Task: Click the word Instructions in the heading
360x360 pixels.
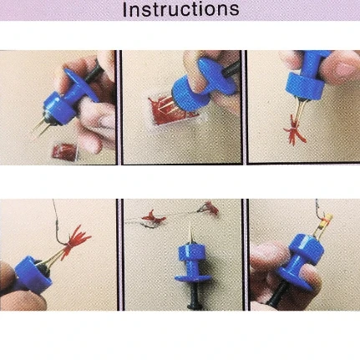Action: click(x=180, y=9)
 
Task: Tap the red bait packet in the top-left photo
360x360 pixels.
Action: click(x=65, y=152)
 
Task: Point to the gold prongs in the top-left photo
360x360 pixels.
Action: click(x=39, y=127)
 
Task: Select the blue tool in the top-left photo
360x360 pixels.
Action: click(x=68, y=97)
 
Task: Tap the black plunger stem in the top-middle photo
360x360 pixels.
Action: click(x=231, y=69)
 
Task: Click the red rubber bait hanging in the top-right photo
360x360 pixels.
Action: click(x=295, y=130)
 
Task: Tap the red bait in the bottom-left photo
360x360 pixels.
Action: click(x=75, y=241)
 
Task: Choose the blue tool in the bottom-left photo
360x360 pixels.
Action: click(x=33, y=275)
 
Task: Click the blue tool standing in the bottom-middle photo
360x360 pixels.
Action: click(x=192, y=261)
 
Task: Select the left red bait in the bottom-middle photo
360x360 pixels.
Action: click(x=154, y=217)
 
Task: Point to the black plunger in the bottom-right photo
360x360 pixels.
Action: click(x=276, y=296)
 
